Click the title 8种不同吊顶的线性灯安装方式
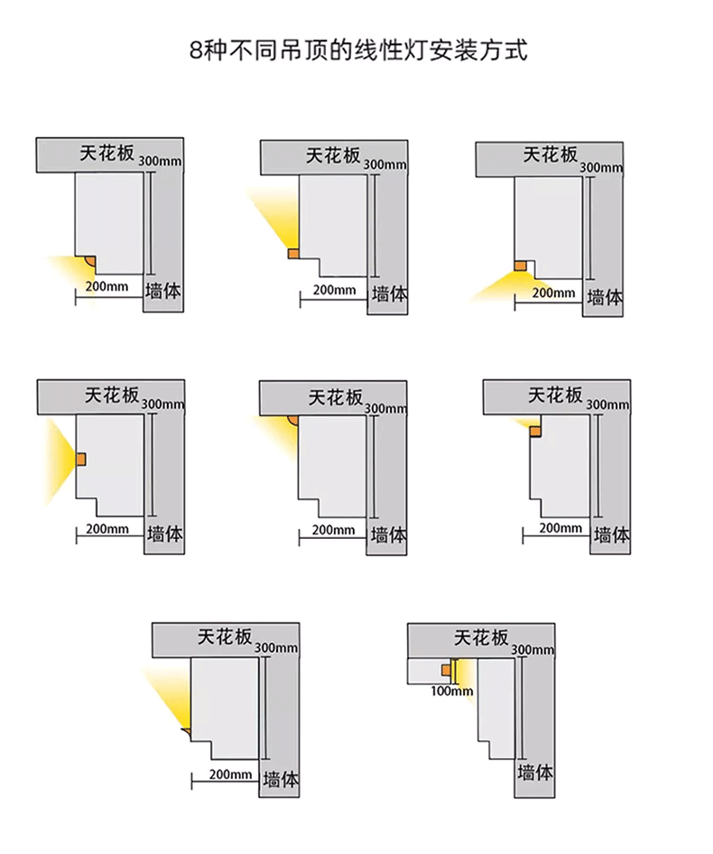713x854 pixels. click(x=356, y=49)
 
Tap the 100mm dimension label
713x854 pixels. click(x=451, y=692)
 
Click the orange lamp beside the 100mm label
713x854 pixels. click(x=446, y=671)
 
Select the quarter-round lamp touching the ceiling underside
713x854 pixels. click(x=293, y=420)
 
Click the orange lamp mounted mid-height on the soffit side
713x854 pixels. click(x=79, y=459)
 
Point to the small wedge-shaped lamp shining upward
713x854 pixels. click(x=185, y=727)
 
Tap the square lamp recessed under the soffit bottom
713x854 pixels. click(x=519, y=266)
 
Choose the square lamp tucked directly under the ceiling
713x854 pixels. click(x=535, y=432)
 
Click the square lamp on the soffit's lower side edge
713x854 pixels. click(x=293, y=254)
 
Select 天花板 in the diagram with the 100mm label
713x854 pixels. click(x=480, y=637)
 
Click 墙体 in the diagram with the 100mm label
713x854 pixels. click(x=535, y=773)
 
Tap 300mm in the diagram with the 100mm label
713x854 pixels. click(x=532, y=650)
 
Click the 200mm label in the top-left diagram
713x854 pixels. click(x=106, y=286)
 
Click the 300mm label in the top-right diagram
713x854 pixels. click(x=600, y=168)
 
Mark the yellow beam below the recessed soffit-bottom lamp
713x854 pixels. click(x=496, y=286)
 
